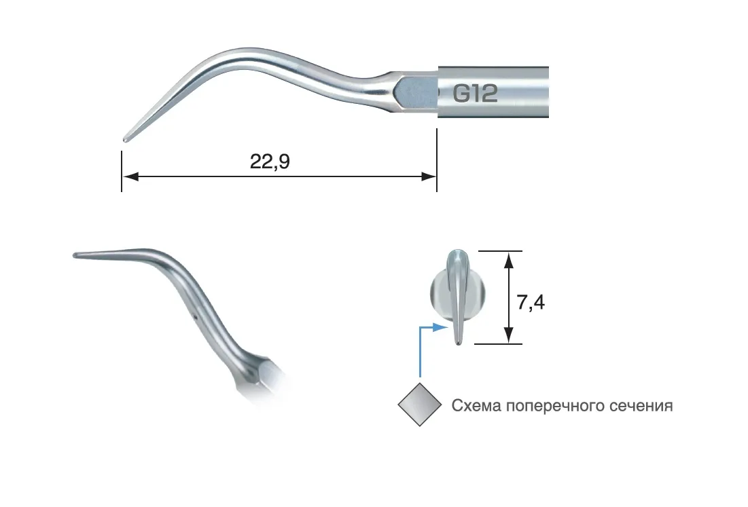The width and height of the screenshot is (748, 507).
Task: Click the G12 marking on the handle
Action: click(475, 93)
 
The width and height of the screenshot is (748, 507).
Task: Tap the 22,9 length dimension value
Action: click(270, 162)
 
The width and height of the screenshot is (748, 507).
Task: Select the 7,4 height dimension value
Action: click(531, 302)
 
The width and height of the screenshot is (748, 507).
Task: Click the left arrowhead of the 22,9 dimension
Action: click(130, 176)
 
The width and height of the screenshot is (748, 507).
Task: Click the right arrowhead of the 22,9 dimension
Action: click(429, 176)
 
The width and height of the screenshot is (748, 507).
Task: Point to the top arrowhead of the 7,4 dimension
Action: click(509, 260)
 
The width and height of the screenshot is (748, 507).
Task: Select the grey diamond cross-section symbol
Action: click(420, 405)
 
